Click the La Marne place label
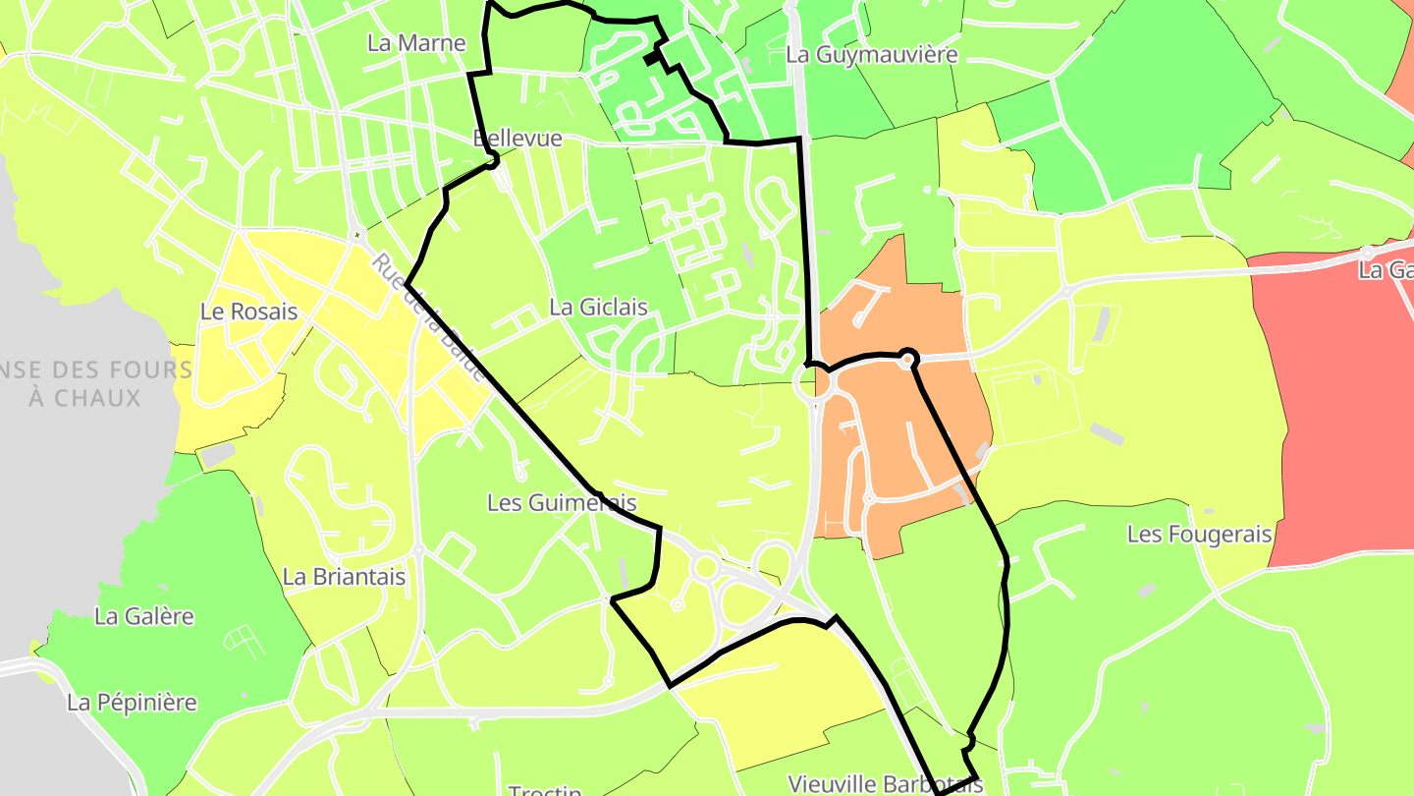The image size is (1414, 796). tap(415, 43)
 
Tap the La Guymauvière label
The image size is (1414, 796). tap(871, 54)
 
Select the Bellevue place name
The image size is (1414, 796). tap(517, 138)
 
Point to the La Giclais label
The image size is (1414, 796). tap(598, 307)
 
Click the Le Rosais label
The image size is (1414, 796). tap(248, 312)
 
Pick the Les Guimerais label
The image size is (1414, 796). tap(562, 502)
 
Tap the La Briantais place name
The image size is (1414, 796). tap(344, 577)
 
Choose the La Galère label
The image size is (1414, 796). tap(143, 616)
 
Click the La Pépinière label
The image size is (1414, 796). tap(132, 703)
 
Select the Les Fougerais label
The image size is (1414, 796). tap(1199, 535)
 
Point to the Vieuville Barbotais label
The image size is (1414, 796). tap(885, 783)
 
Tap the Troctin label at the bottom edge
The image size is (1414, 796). tap(545, 789)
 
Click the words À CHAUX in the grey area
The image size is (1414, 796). tap(84, 398)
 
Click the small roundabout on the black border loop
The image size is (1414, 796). tap(908, 361)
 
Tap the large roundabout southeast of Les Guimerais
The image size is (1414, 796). tap(704, 567)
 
